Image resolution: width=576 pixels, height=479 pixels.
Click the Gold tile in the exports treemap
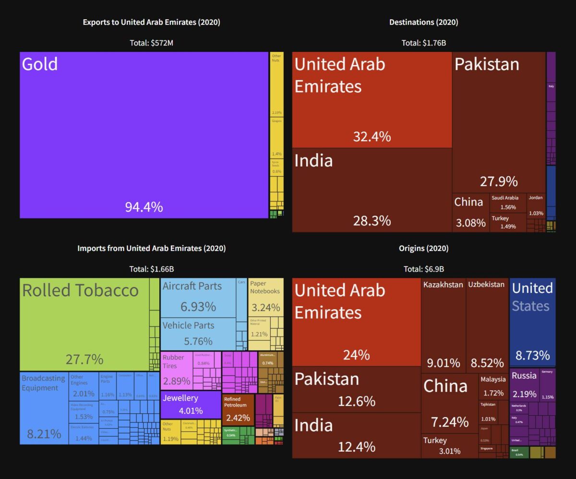[144, 134]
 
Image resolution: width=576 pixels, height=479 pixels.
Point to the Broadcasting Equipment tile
[44, 408]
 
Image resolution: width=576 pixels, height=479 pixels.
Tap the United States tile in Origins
[532, 322]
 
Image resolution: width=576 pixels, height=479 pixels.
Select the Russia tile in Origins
[524, 384]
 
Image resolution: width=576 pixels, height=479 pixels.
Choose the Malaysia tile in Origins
[493, 386]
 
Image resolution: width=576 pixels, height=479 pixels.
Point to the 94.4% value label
[144, 207]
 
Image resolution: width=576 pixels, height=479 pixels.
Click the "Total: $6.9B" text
[424, 269]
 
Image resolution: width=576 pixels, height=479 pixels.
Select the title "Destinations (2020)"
[424, 22]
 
